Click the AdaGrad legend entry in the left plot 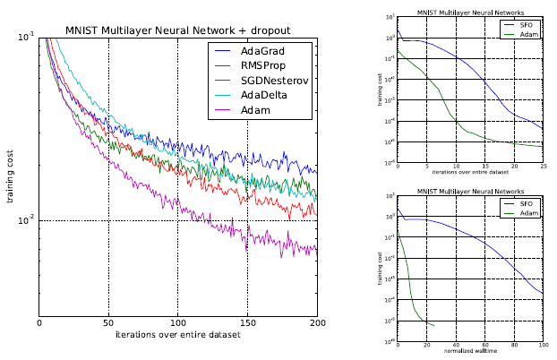[x=260, y=51]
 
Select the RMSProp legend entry [x=260, y=65]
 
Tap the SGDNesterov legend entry [x=266, y=80]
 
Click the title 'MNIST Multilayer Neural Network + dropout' [x=178, y=30]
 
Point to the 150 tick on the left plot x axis [x=248, y=323]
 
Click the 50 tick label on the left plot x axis [x=109, y=323]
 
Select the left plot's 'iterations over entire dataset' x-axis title [x=178, y=335]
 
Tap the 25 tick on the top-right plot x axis [x=543, y=167]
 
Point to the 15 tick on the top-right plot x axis [x=484, y=167]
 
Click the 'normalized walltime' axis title [x=469, y=351]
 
